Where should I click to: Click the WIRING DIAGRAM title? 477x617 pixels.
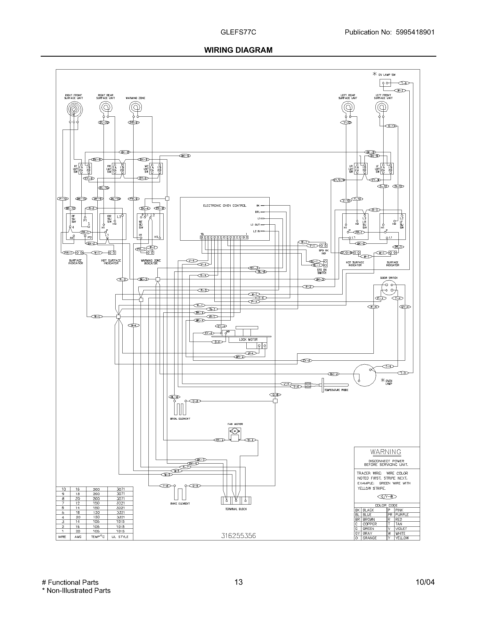coord(238,50)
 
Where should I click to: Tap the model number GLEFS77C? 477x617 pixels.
coord(238,32)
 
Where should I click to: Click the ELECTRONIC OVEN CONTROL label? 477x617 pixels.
coord(225,206)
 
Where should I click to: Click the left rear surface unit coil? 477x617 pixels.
coord(348,107)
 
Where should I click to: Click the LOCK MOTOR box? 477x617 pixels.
coord(248,340)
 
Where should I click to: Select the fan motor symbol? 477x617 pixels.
coord(235,432)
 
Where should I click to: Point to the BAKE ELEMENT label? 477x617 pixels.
coord(180,503)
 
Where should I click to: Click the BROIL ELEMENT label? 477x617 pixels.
coord(180,419)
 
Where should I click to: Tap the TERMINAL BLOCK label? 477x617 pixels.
coord(236,509)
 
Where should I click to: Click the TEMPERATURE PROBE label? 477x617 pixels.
coord(336,390)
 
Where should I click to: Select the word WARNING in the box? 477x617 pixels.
coord(386,452)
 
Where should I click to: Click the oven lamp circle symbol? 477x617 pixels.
coord(364,375)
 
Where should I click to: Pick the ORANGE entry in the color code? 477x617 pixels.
coord(370,538)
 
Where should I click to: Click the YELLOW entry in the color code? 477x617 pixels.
coord(402,538)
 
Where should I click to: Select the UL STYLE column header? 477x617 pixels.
coord(120,537)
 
